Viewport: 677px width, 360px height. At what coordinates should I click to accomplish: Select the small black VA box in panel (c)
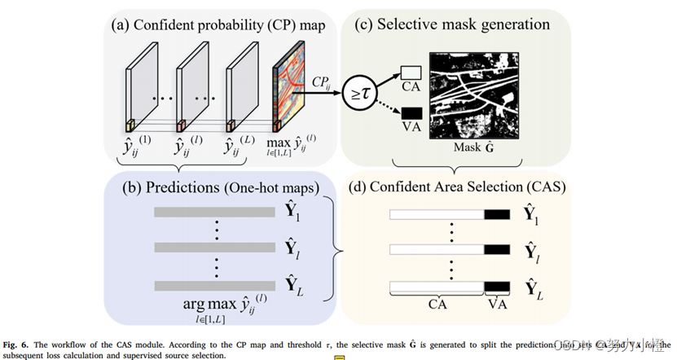[x=411, y=114]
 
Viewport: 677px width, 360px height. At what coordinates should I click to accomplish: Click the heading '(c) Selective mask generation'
[x=454, y=24]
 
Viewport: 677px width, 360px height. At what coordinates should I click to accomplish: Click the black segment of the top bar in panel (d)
[x=495, y=214]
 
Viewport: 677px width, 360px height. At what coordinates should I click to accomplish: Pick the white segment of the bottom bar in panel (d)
[x=437, y=287]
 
